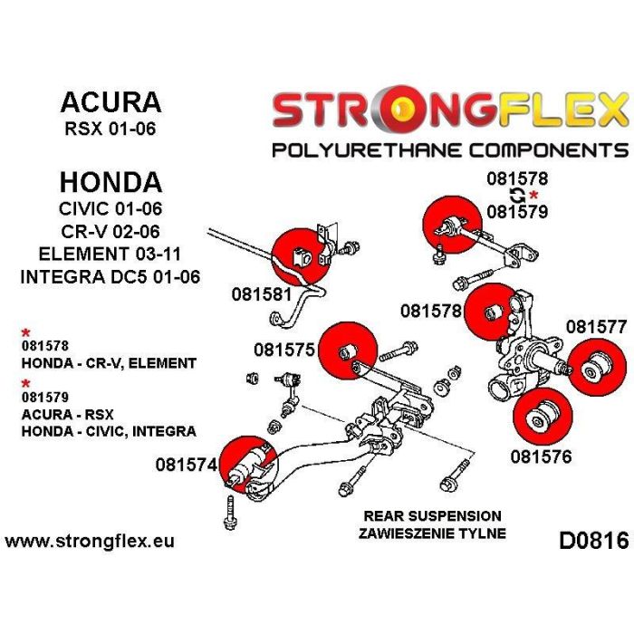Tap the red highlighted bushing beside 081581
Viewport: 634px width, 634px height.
tap(301, 256)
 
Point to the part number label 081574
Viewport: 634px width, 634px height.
tap(186, 466)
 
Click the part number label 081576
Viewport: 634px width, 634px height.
tap(541, 456)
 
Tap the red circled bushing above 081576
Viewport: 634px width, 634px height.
tap(541, 416)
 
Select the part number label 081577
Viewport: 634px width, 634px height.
tap(596, 326)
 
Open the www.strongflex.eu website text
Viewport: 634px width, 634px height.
tap(89, 542)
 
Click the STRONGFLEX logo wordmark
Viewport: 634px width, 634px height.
tap(449, 110)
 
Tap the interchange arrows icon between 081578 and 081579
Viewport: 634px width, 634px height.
tap(517, 196)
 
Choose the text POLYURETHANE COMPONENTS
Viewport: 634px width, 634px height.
tap(449, 149)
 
